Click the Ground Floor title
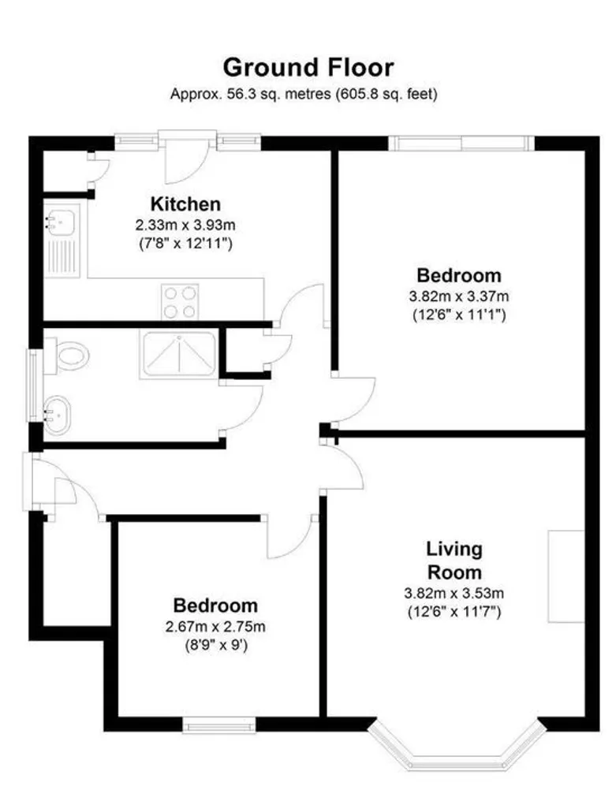[x=308, y=66]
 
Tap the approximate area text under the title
[x=304, y=94]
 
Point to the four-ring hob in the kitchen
[x=180, y=300]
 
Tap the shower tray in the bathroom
[x=178, y=354]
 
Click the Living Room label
[x=454, y=560]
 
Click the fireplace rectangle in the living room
[x=566, y=576]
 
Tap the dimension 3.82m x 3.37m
[x=457, y=296]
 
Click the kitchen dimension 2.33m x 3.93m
[x=185, y=225]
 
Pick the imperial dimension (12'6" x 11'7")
[x=454, y=611]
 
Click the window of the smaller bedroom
[x=218, y=723]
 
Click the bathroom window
[x=34, y=386]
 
